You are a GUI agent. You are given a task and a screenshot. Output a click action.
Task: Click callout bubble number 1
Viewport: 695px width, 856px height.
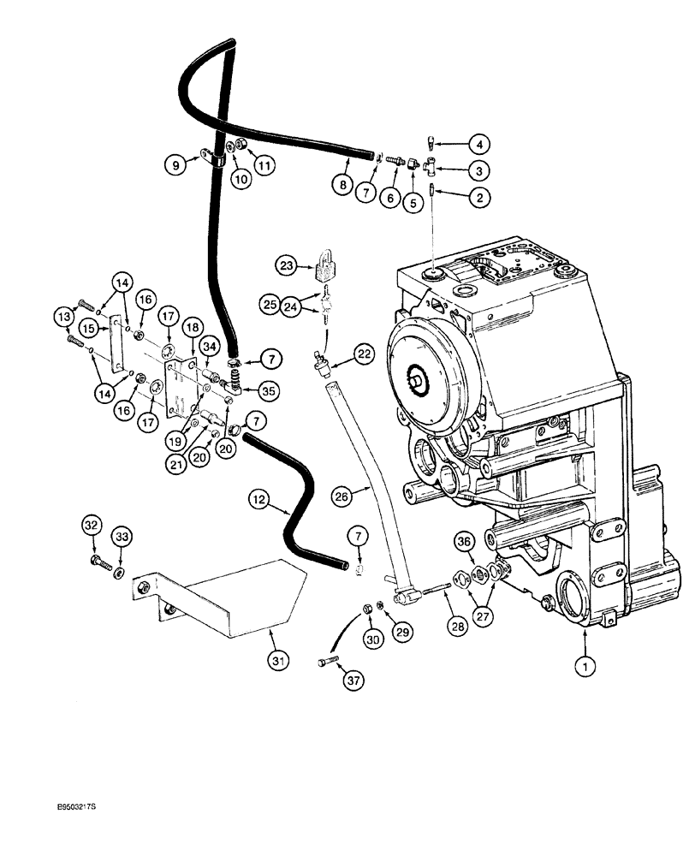tap(586, 664)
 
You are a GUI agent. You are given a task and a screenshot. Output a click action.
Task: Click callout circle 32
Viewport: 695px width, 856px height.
tap(93, 526)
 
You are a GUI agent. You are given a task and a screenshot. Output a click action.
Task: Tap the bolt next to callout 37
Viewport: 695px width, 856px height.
tap(330, 662)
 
